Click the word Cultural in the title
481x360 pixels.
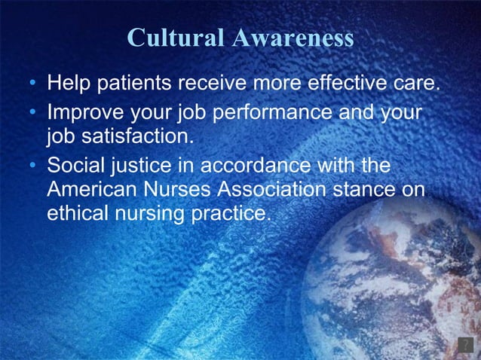point(175,38)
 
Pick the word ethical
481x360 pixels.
point(76,213)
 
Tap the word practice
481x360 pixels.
point(227,213)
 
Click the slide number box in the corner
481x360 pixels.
point(464,345)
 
